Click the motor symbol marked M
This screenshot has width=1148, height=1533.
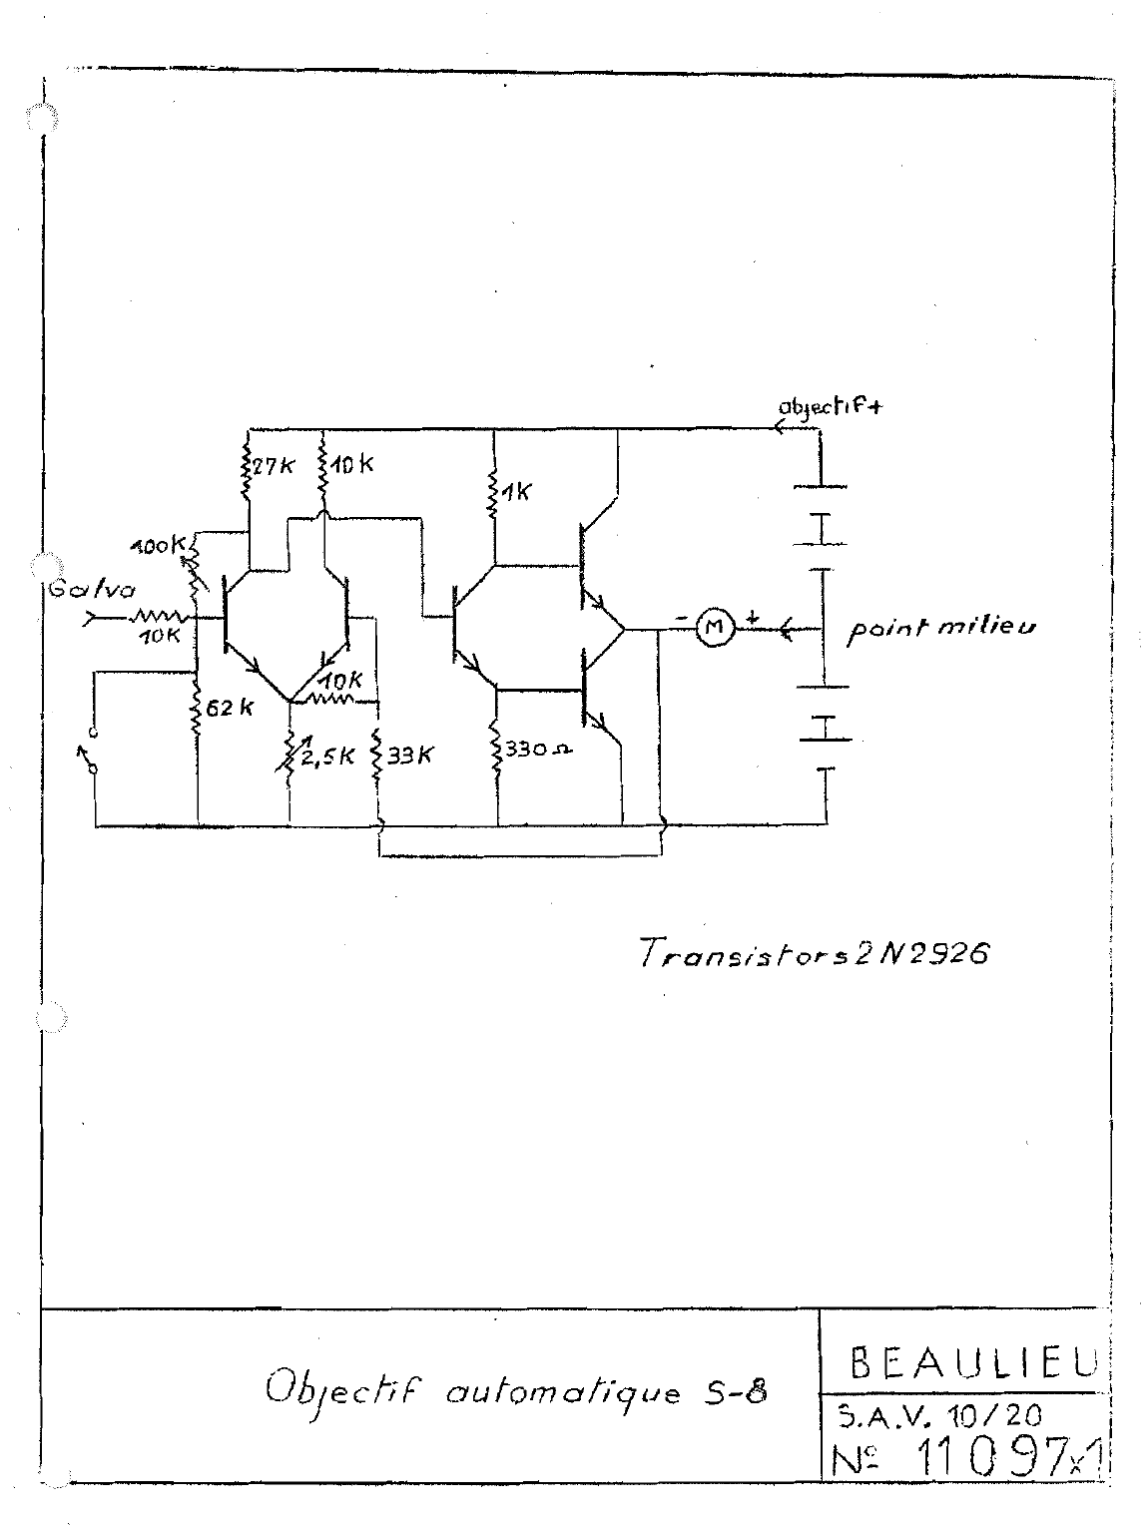point(713,627)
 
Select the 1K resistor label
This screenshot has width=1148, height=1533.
point(518,492)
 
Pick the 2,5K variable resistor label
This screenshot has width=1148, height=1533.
point(326,756)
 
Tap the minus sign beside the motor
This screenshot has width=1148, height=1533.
point(682,619)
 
